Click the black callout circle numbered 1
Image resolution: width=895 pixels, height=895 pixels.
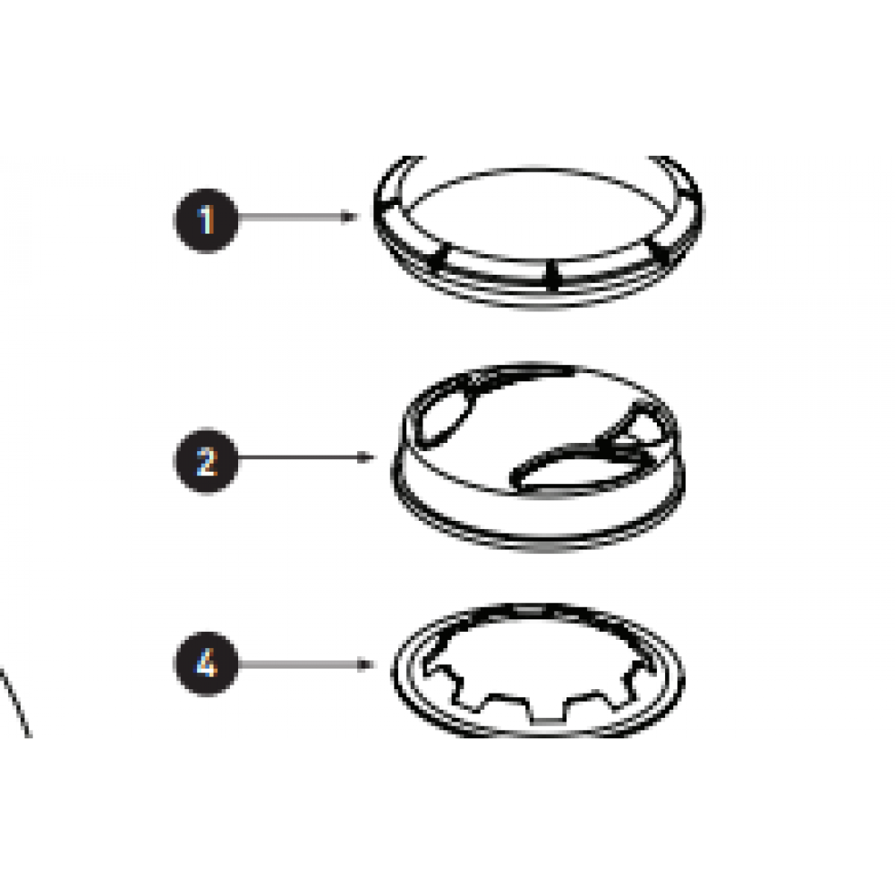[206, 220]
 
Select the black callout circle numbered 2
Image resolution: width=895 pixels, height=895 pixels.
[206, 460]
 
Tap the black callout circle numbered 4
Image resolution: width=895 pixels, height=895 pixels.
[206, 663]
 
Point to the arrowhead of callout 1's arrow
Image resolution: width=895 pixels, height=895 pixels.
[349, 217]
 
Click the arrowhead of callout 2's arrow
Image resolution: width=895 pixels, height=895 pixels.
[365, 457]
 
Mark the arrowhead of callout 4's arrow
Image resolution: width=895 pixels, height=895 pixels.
[365, 664]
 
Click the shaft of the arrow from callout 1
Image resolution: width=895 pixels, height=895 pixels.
[289, 217]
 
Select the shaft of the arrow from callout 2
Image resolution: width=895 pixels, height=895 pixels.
[297, 457]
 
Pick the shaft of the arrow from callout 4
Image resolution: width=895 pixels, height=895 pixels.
[297, 664]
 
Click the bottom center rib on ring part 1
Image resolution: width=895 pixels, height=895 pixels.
[552, 275]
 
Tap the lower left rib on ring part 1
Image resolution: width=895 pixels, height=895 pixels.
[439, 256]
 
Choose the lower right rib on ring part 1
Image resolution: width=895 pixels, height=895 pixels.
[660, 251]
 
